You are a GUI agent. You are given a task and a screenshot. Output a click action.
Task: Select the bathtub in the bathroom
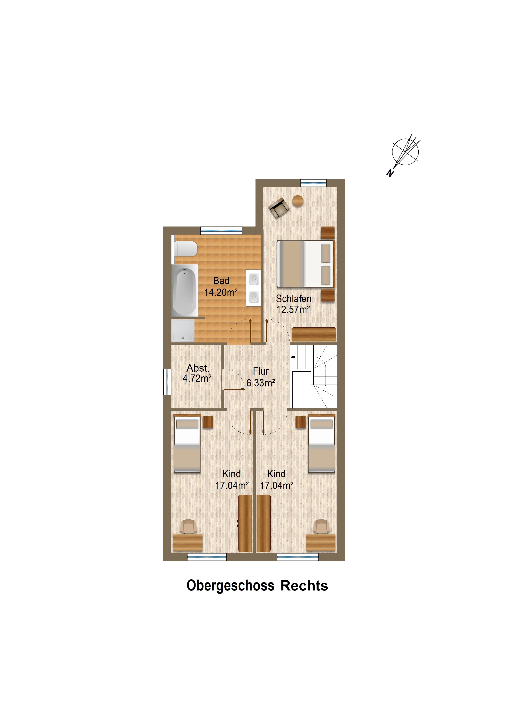click(x=185, y=290)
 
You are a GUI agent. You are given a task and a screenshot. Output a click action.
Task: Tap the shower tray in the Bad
click(x=183, y=331)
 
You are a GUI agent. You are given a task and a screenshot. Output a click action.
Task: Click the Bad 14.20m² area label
click(x=221, y=286)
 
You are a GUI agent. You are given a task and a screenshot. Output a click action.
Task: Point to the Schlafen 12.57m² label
click(x=293, y=304)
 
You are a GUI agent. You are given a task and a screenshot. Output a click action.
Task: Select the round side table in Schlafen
click(x=298, y=201)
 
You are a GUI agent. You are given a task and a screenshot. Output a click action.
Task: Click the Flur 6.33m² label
click(x=261, y=377)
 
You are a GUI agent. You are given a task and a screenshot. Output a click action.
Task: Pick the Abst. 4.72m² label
click(x=197, y=373)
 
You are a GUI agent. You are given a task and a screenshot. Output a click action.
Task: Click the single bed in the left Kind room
click(x=187, y=444)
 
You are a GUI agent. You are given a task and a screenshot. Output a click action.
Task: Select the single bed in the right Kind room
click(x=321, y=444)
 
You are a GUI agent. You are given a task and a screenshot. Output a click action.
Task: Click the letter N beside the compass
click(x=390, y=173)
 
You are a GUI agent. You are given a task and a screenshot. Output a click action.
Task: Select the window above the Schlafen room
click(x=313, y=183)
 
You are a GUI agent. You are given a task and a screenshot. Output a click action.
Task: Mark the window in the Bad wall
click(x=221, y=230)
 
